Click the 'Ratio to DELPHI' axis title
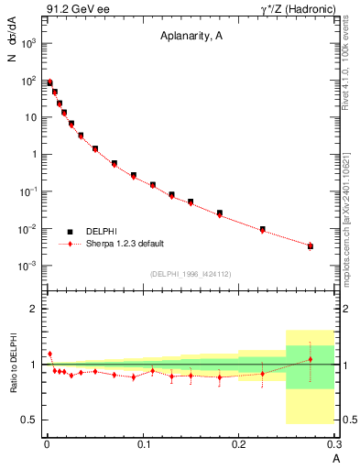click(16, 364)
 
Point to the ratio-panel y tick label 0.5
click(30, 420)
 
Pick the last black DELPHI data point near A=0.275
click(311, 245)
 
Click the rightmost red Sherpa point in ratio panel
click(311, 359)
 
